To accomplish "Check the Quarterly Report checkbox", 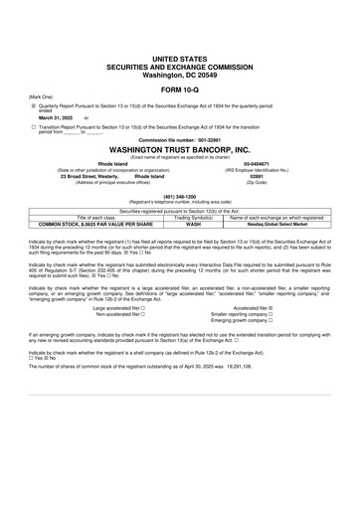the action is coord(33,103).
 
